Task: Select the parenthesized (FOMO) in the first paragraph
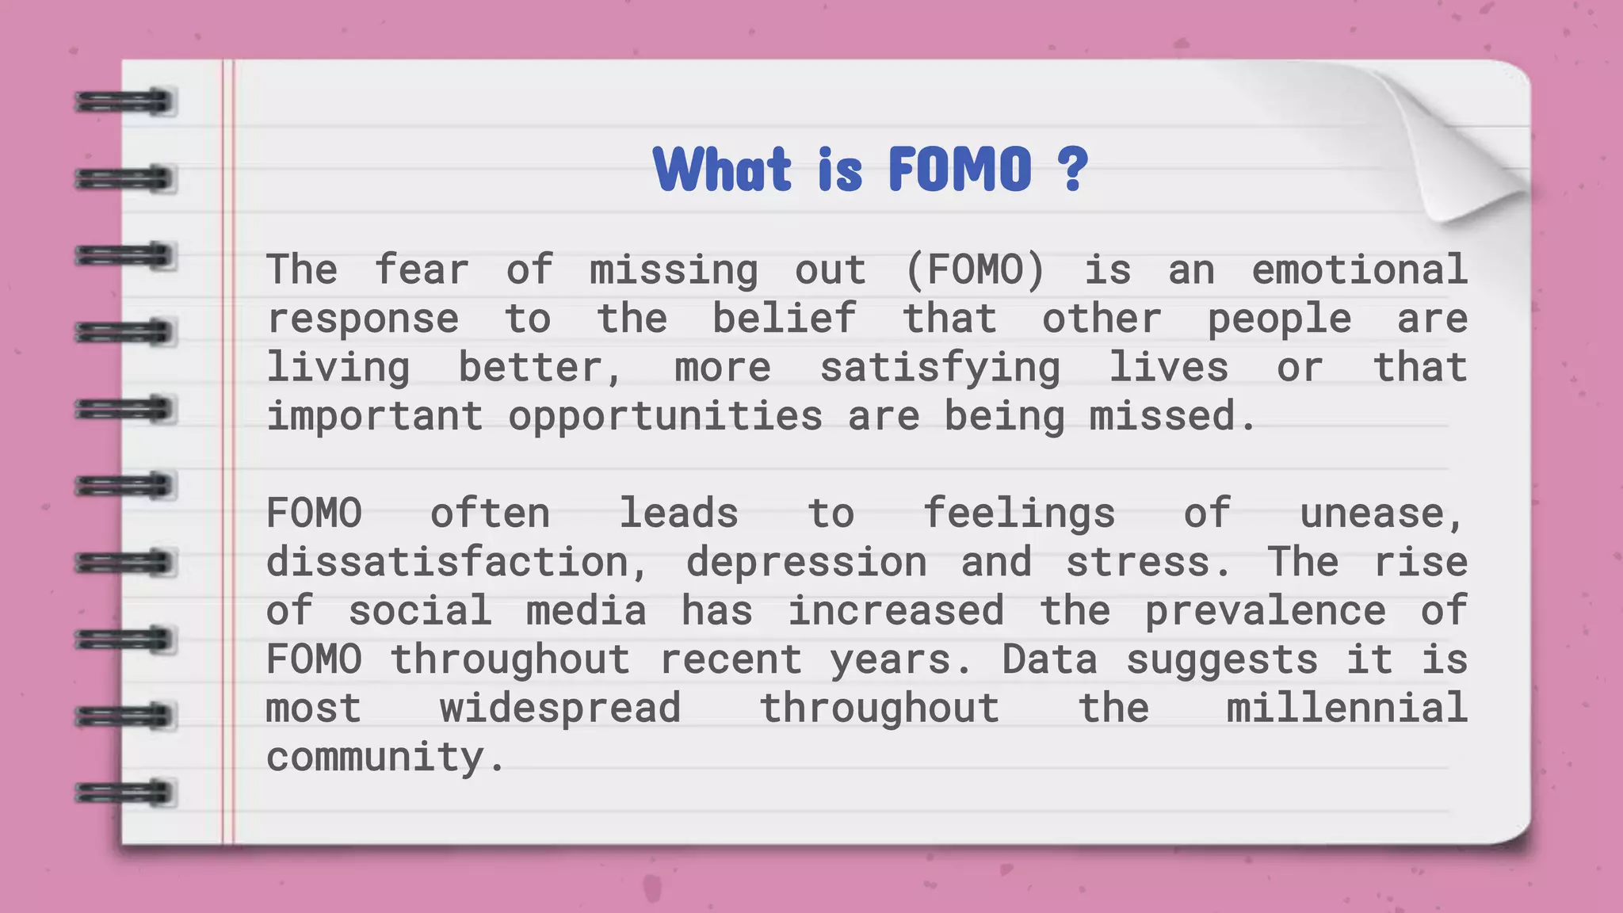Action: pos(976,270)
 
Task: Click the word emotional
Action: pos(1359,270)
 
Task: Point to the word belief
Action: pos(784,319)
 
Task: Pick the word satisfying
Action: pos(939,368)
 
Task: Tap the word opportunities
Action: pos(665,417)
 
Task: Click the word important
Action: pos(374,417)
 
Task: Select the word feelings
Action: pos(1019,514)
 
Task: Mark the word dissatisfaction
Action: pos(456,563)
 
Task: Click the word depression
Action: pos(806,563)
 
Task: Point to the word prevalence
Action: pos(1266,611)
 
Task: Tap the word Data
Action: pos(1049,660)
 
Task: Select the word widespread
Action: pos(560,709)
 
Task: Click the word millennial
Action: pos(1346,709)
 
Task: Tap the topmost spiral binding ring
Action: pos(124,102)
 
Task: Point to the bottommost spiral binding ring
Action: pos(124,793)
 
